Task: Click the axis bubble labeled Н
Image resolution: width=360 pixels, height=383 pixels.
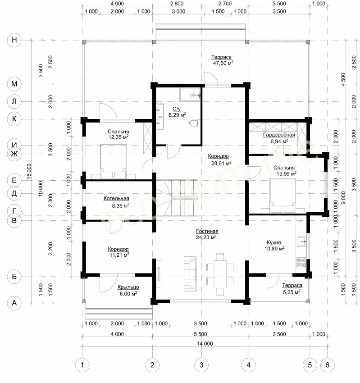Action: point(14,40)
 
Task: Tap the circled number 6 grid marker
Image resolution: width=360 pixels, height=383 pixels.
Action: point(327,365)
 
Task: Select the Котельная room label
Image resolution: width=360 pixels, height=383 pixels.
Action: point(116,198)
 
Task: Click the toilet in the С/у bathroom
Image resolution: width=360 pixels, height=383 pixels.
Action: point(195,123)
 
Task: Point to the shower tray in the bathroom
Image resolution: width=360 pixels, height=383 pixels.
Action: point(190,95)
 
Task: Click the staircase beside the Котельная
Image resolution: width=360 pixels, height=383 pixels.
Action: point(177,198)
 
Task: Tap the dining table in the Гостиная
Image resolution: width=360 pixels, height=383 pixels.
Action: point(220,274)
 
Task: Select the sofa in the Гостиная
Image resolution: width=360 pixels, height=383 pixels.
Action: point(190,274)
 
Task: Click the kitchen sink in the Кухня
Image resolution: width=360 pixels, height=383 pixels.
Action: point(301,242)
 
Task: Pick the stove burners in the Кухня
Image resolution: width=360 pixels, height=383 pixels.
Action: point(301,263)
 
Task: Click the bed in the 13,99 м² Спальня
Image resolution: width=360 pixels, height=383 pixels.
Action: point(283,196)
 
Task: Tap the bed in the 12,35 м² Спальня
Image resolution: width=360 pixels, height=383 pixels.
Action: point(114,162)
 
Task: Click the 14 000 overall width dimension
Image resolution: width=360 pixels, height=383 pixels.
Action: point(205,343)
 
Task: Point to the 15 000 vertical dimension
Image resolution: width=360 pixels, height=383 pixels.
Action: point(29,172)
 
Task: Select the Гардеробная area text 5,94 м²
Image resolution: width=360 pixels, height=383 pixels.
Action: point(279,141)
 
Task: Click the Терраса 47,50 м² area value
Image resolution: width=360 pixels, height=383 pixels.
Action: point(223,63)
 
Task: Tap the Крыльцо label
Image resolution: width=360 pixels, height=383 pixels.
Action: point(128,287)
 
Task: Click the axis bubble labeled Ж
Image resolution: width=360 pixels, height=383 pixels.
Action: point(14,154)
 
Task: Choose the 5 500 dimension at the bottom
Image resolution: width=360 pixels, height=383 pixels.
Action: point(200,334)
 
